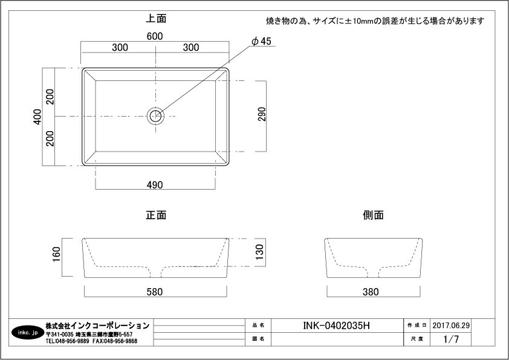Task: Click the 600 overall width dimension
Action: click(155, 36)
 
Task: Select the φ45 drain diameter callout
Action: click(262, 41)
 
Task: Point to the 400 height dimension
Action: click(37, 116)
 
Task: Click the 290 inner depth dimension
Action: click(262, 115)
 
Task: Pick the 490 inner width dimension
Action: click(155, 185)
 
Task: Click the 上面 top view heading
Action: click(156, 19)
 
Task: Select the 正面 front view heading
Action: click(156, 215)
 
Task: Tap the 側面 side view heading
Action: click(373, 215)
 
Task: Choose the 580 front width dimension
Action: click(155, 292)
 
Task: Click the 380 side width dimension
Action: click(371, 292)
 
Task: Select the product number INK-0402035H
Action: click(336, 326)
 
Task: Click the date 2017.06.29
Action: click(451, 325)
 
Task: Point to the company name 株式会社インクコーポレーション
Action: click(97, 326)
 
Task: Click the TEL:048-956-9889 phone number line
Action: click(68, 341)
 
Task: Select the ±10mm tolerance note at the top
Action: click(375, 21)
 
